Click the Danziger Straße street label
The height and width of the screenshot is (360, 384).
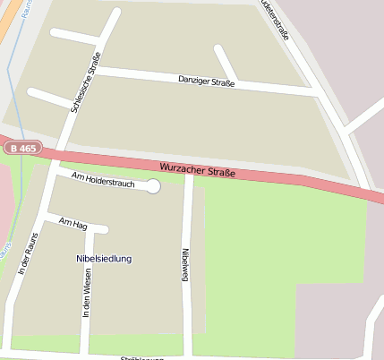206,83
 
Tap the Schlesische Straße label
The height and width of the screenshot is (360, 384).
84,82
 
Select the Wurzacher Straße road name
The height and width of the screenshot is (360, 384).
198,168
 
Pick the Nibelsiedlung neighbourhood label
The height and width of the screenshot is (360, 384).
104,258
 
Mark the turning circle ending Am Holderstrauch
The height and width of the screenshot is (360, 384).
153,186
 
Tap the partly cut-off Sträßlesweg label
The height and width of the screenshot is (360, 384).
143,356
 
